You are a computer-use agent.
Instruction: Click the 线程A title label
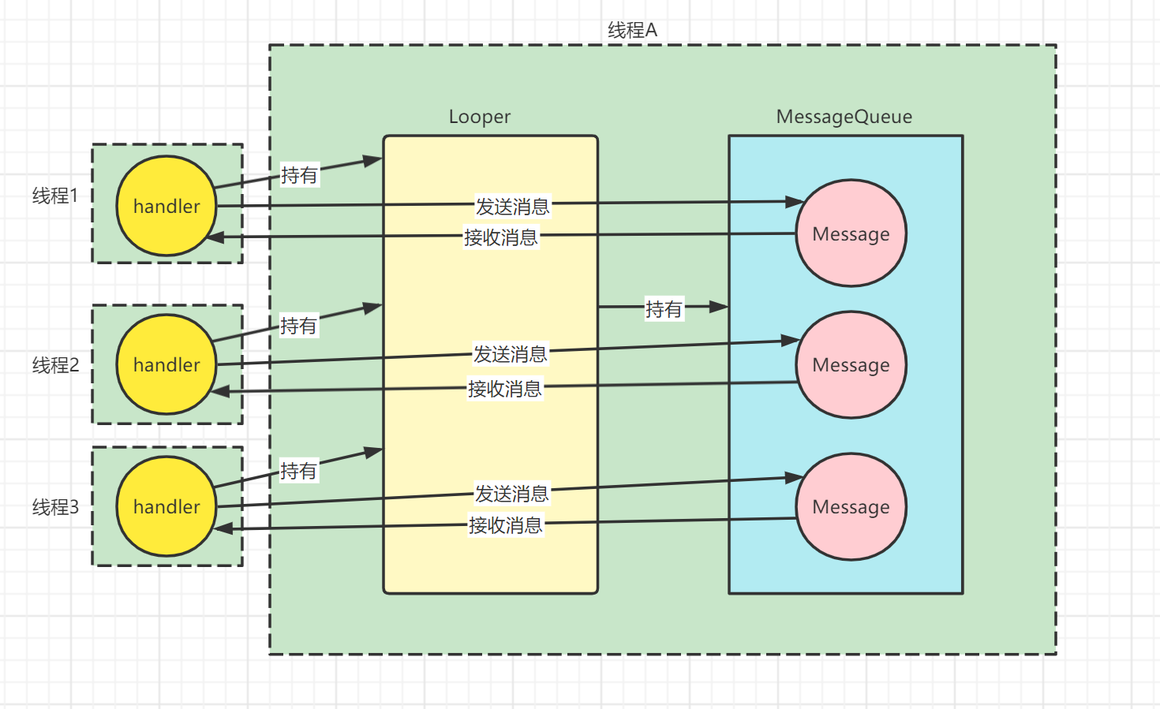pyautogui.click(x=632, y=30)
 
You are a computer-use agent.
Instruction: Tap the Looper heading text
pyautogui.click(x=480, y=117)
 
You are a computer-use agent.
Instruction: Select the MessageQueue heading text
pyautogui.click(x=844, y=117)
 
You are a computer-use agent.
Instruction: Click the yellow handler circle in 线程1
pyautogui.click(x=167, y=206)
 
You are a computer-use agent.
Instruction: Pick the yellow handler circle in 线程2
pyautogui.click(x=167, y=364)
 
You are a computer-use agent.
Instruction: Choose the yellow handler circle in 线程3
pyautogui.click(x=167, y=506)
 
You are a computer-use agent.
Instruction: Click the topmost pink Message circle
pyautogui.click(x=851, y=233)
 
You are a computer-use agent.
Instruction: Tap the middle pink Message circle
pyautogui.click(x=851, y=365)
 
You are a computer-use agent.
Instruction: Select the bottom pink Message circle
pyautogui.click(x=851, y=506)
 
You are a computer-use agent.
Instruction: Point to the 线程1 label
pyautogui.click(x=55, y=196)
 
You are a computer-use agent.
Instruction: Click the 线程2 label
pyautogui.click(x=55, y=365)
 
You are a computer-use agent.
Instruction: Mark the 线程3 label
pyautogui.click(x=55, y=507)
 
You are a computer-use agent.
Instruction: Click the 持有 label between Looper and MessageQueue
pyautogui.click(x=664, y=309)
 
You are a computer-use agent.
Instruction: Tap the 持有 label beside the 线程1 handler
pyautogui.click(x=299, y=175)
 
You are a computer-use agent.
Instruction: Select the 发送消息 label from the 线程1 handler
pyautogui.click(x=512, y=207)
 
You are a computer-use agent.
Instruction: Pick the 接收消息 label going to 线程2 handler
pyautogui.click(x=505, y=389)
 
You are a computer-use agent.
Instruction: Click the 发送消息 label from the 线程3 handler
pyautogui.click(x=511, y=494)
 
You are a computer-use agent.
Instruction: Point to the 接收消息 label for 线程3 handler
pyautogui.click(x=505, y=525)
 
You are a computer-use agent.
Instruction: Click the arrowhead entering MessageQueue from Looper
pyautogui.click(x=719, y=307)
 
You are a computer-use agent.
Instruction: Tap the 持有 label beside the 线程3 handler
pyautogui.click(x=299, y=470)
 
